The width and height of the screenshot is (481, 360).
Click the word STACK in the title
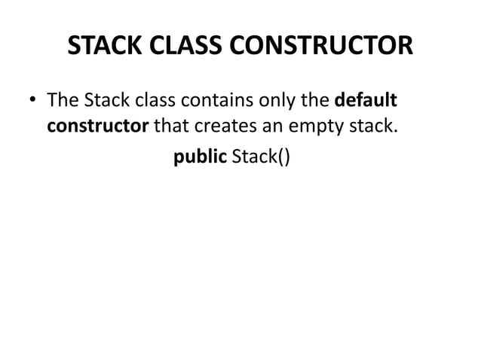(x=99, y=46)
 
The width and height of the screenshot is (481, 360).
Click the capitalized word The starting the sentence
(x=62, y=100)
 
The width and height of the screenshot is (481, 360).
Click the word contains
(x=213, y=100)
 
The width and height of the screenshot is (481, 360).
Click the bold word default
(x=366, y=100)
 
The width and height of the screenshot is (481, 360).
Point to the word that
(x=172, y=124)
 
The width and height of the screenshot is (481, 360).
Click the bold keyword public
(x=200, y=157)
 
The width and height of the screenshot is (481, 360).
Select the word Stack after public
(x=253, y=157)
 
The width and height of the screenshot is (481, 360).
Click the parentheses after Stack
(x=282, y=158)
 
